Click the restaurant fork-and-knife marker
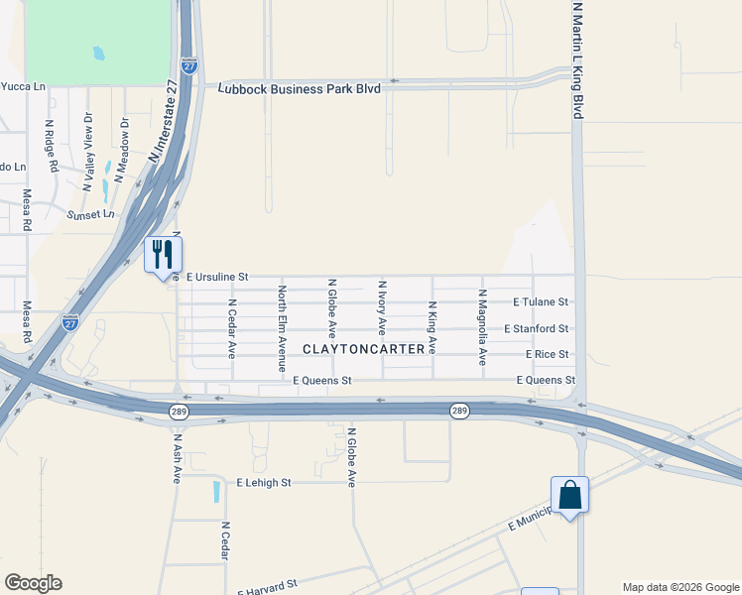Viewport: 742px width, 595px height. [163, 255]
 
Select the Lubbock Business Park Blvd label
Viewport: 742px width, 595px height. [299, 88]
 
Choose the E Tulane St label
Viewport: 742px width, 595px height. [541, 301]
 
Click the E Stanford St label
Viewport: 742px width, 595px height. [536, 328]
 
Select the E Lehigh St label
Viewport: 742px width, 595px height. [263, 483]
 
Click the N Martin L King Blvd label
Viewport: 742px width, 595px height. [576, 59]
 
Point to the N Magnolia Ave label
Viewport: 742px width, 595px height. [482, 327]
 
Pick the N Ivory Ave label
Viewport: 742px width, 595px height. [382, 305]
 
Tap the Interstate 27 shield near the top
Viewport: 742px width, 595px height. [188, 66]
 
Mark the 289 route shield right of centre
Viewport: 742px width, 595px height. [459, 411]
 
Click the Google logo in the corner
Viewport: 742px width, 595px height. [33, 583]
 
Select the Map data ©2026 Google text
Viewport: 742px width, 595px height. [680, 587]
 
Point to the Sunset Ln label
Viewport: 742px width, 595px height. [90, 214]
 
